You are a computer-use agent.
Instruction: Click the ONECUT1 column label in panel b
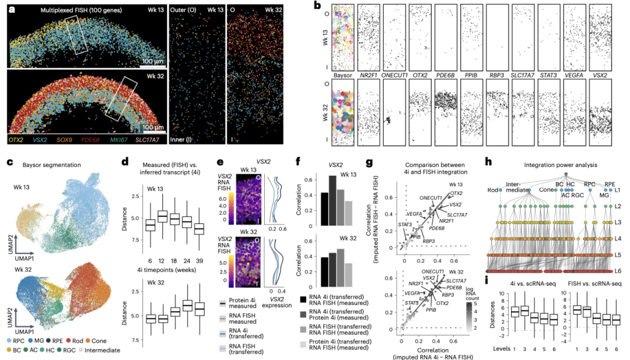395,75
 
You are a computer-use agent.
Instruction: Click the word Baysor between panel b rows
342,75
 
